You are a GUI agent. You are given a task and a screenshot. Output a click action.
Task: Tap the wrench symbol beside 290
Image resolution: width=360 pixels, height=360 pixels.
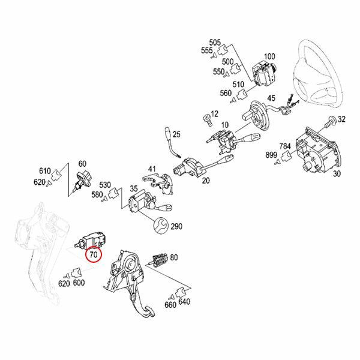161,226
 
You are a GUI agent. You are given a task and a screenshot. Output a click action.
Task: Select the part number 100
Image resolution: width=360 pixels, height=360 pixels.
269,56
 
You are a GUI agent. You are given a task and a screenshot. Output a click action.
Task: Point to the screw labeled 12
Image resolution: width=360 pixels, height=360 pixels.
208,120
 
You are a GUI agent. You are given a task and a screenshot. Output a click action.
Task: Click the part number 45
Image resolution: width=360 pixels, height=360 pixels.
271,98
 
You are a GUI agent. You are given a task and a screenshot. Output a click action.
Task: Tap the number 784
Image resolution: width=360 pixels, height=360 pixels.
285,146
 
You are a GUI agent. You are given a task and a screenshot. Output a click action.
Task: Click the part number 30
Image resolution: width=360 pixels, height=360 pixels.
337,174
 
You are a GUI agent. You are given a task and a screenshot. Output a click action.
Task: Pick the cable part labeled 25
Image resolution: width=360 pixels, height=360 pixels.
172,143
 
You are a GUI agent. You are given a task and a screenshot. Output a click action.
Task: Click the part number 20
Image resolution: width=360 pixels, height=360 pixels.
206,181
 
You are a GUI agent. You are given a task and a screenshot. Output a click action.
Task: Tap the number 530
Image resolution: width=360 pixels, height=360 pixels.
105,185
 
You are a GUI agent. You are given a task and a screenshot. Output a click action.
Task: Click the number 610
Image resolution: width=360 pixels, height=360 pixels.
45,171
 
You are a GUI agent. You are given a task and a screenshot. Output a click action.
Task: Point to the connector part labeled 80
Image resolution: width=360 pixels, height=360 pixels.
158,260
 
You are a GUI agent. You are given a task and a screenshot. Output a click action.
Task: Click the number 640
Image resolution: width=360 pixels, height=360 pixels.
184,301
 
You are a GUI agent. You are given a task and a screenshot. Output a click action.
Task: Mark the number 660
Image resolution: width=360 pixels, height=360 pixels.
170,305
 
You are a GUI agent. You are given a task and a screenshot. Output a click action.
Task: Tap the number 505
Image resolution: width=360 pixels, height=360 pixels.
215,43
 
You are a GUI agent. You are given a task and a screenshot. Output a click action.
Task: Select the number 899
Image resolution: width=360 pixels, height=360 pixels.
271,155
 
